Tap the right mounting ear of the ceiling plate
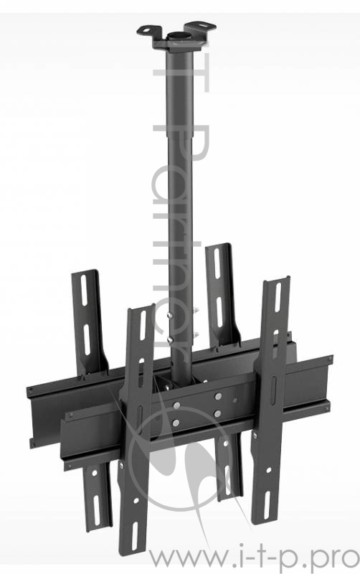pos(207,27)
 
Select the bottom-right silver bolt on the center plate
pos(216,413)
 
